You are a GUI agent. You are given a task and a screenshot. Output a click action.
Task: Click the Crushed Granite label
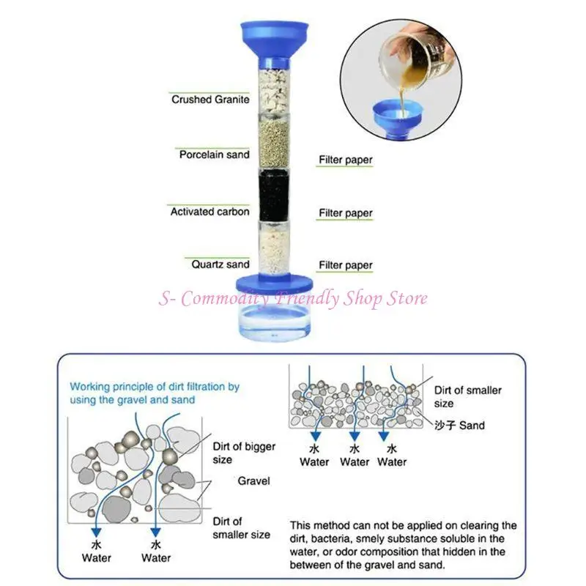[x=210, y=100]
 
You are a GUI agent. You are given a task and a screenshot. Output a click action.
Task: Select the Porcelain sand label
[x=214, y=155]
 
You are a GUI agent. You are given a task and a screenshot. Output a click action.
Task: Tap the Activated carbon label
[x=209, y=212]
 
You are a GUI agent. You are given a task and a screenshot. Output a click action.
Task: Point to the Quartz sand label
[x=220, y=264]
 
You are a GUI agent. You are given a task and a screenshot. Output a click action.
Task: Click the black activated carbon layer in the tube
[x=273, y=196]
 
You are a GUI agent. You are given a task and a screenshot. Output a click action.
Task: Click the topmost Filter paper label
[x=345, y=160]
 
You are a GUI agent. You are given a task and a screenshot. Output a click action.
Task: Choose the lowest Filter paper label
[x=345, y=265]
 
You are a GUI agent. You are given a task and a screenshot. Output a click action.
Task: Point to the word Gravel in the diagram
[x=253, y=481]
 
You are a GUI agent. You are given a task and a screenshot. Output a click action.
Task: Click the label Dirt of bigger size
[x=244, y=453]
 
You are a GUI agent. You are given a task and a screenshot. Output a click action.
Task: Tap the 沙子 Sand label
[x=459, y=426]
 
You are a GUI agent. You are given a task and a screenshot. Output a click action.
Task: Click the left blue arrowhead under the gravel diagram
[x=97, y=533]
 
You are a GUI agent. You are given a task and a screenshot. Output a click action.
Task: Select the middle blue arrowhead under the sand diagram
[x=355, y=436]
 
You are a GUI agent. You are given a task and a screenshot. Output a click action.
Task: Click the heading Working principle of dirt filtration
[x=155, y=393]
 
